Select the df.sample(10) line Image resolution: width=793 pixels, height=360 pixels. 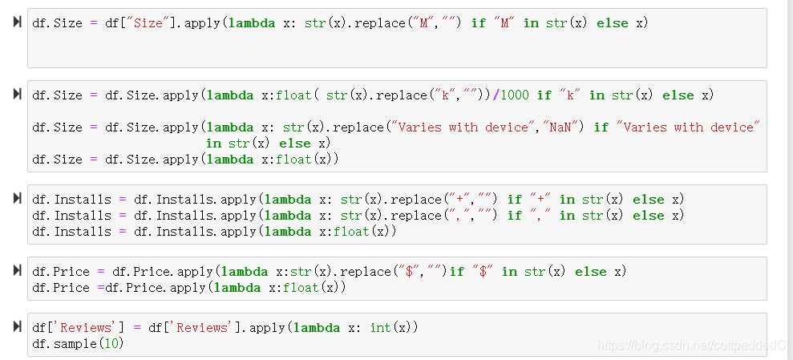(x=78, y=344)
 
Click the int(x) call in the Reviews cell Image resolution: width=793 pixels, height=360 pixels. (x=394, y=328)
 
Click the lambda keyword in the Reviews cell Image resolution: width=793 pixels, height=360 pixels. (x=317, y=328)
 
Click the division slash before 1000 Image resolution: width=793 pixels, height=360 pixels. (x=496, y=95)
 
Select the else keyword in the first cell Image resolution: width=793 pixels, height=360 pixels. (x=613, y=23)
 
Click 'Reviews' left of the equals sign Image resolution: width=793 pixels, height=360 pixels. (x=83, y=328)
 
